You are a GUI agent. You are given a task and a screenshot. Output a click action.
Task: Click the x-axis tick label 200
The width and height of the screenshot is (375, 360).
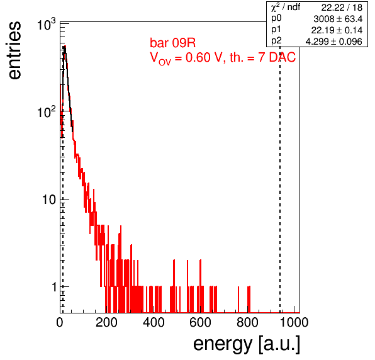(106, 322)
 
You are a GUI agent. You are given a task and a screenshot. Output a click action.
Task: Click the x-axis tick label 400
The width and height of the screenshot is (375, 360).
(154, 322)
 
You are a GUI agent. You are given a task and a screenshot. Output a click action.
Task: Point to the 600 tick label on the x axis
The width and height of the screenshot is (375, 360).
(201, 322)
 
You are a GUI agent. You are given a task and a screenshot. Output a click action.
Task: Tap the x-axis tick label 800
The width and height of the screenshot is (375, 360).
(247, 322)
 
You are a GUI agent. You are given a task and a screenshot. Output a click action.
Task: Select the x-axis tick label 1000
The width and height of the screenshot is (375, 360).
(294, 322)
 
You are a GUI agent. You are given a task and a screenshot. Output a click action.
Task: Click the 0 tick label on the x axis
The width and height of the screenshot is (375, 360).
(60, 322)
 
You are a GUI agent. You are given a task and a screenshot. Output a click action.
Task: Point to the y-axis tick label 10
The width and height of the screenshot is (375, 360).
(49, 200)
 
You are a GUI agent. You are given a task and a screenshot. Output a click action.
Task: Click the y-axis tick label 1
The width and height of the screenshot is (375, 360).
(54, 287)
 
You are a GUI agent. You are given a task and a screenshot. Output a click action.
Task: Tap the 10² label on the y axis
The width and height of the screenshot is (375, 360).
(47, 111)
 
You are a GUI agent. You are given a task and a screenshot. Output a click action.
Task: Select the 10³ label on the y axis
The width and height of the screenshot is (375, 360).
(47, 24)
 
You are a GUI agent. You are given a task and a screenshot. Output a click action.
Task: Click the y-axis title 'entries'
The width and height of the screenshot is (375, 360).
(14, 50)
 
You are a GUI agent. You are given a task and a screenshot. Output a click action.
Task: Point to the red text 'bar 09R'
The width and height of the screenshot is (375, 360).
(172, 43)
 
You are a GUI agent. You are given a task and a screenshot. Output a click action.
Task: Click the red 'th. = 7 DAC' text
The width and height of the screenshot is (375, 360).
(263, 57)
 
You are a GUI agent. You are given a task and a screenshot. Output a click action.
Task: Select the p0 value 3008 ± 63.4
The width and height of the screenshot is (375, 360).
(338, 19)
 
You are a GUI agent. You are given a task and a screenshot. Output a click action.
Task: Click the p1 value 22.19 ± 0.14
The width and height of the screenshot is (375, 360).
(337, 30)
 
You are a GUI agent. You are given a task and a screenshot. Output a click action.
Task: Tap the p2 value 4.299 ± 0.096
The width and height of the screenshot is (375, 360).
(334, 42)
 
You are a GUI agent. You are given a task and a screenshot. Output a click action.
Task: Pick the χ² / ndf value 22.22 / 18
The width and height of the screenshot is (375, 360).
(342, 8)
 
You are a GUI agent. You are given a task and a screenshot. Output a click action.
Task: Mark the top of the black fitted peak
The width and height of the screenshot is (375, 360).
(64, 47)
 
